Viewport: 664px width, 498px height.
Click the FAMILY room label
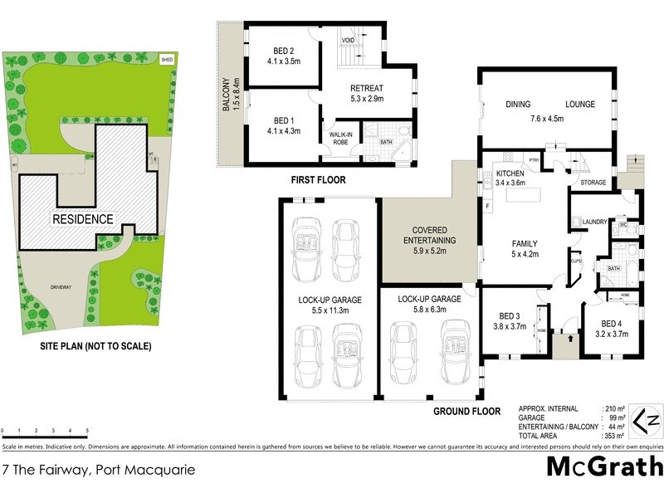pos(525,243)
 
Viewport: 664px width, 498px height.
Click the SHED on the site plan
pos(167,60)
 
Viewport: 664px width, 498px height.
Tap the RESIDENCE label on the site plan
pos(82,219)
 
